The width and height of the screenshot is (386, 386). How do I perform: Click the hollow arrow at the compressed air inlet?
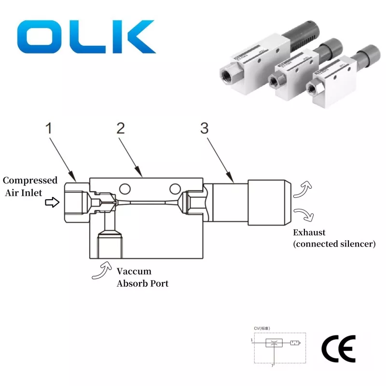click(x=50, y=203)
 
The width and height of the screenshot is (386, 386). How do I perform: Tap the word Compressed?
click(x=30, y=180)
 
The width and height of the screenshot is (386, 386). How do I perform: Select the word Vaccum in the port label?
click(x=134, y=272)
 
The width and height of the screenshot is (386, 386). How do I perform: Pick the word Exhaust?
click(x=309, y=233)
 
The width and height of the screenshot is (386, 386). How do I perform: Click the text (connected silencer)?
click(x=334, y=244)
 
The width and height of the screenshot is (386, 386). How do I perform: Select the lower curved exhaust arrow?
click(x=304, y=214)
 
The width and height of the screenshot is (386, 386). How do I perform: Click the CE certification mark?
click(x=338, y=347)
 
